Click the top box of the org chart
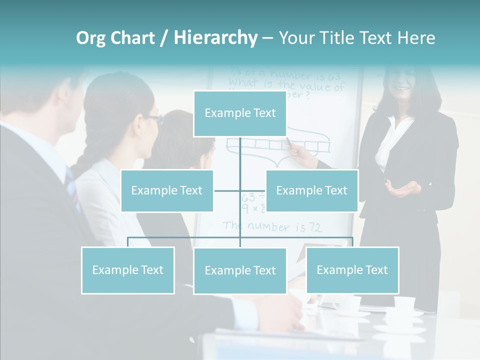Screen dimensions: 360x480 pyautogui.click(x=240, y=113)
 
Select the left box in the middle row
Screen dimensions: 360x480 pyautogui.click(x=167, y=190)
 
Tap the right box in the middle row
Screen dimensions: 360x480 pyautogui.click(x=311, y=190)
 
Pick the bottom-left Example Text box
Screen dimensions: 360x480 pyautogui.click(x=128, y=270)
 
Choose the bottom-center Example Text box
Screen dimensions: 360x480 pyautogui.click(x=240, y=270)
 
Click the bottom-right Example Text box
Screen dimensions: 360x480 pyautogui.click(x=352, y=270)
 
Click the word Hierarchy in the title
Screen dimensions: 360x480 pyautogui.click(x=215, y=38)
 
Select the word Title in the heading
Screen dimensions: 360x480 pyautogui.click(x=340, y=38)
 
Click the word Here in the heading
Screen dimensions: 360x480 pyautogui.click(x=416, y=38)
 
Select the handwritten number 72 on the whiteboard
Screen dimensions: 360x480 pyautogui.click(x=314, y=228)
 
